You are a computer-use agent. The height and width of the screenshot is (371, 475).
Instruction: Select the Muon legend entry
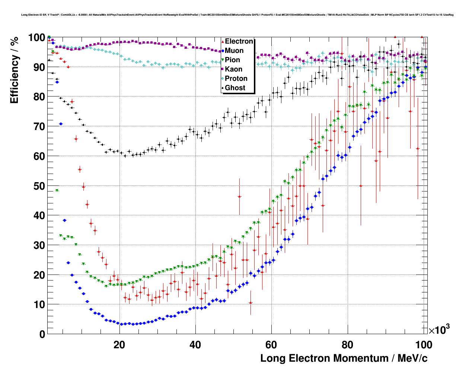[234, 51]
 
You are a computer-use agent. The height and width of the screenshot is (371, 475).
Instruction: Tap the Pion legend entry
[232, 60]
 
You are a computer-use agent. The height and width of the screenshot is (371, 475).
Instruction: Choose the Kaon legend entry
[233, 69]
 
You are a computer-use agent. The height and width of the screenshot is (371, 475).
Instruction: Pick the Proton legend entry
[236, 79]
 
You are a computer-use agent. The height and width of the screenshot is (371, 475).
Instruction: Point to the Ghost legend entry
[235, 88]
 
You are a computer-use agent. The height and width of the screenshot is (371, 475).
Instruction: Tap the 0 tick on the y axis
[42, 334]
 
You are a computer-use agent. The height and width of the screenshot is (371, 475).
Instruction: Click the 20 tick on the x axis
[119, 345]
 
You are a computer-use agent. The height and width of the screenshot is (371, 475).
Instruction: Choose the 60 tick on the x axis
[271, 345]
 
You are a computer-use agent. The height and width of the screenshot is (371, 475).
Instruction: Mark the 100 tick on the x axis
[424, 345]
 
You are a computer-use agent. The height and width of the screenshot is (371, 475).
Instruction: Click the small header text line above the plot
[238, 15]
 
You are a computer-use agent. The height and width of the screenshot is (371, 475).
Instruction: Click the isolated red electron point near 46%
[239, 196]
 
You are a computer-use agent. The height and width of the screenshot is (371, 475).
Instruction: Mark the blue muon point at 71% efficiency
[61, 124]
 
